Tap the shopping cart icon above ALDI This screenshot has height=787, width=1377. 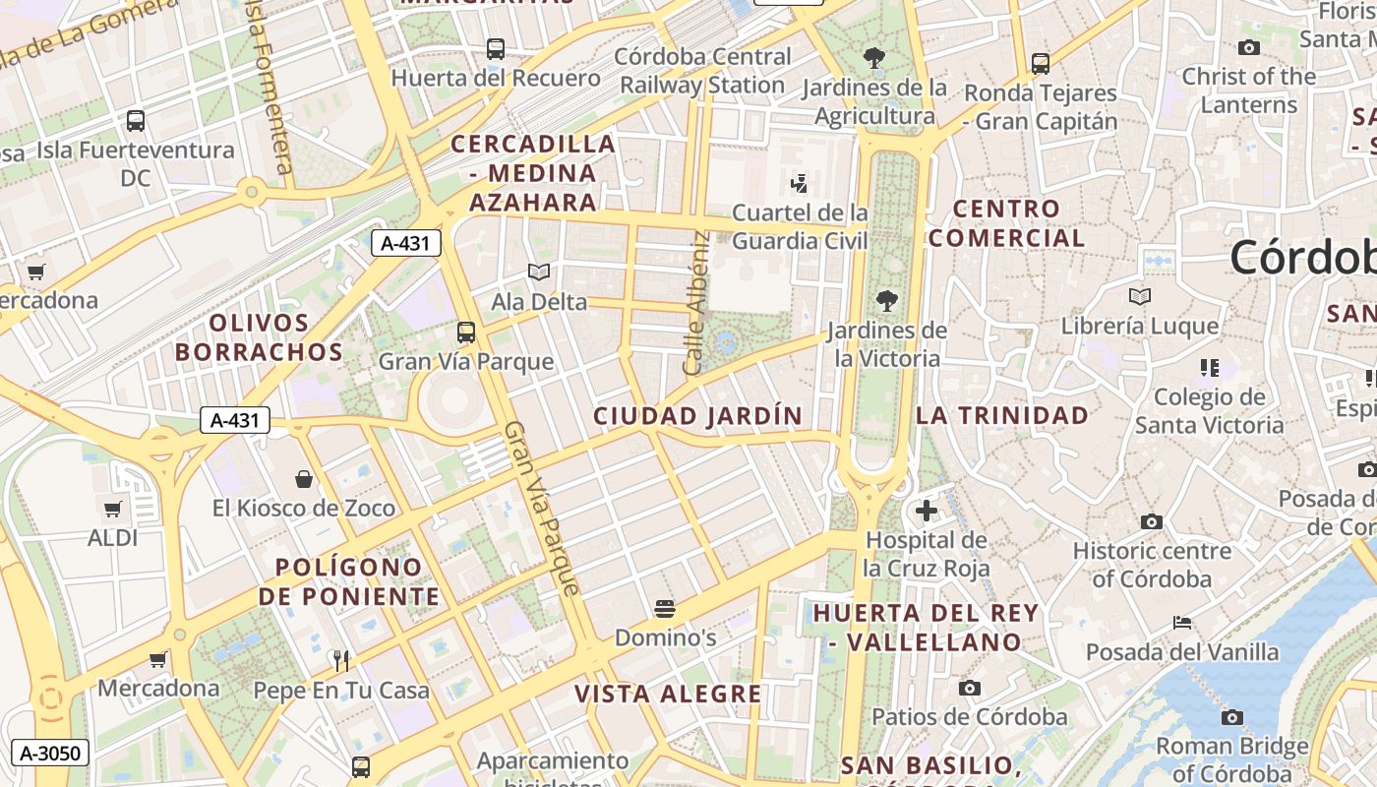113,510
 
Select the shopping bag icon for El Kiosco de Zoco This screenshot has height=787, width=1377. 304,479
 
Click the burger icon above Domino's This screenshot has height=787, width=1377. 665,609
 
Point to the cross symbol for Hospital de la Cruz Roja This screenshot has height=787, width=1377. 926,511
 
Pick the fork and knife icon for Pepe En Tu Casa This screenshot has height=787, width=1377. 341,660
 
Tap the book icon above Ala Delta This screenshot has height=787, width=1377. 539,272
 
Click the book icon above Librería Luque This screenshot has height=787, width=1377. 1140,296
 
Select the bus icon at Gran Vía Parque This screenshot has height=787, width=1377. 466,333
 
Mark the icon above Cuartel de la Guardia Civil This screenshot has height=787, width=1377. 800,183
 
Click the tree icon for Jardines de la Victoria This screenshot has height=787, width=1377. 887,301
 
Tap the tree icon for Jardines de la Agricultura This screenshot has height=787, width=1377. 873,58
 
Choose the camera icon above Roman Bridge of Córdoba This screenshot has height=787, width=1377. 1231,717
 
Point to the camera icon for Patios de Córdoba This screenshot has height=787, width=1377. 970,688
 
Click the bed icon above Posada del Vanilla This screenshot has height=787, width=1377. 1182,623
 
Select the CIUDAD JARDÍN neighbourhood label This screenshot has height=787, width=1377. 698,416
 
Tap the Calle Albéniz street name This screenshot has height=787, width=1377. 696,303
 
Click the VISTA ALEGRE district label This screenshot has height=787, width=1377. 668,694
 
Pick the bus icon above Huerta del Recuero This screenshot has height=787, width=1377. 496,48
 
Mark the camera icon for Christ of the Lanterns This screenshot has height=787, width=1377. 1249,47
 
